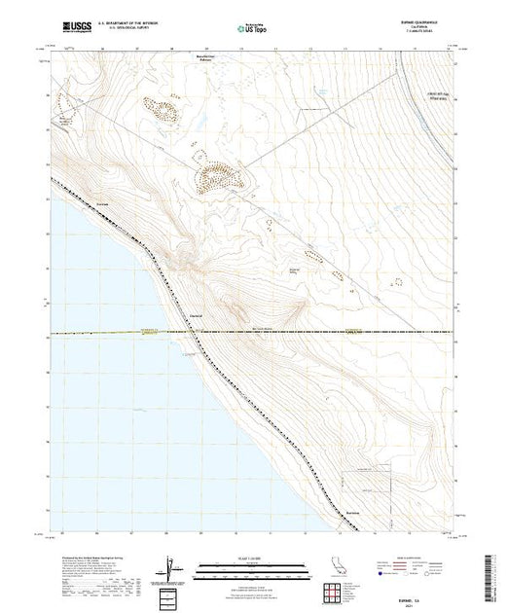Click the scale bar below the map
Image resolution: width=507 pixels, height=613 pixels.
252,563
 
